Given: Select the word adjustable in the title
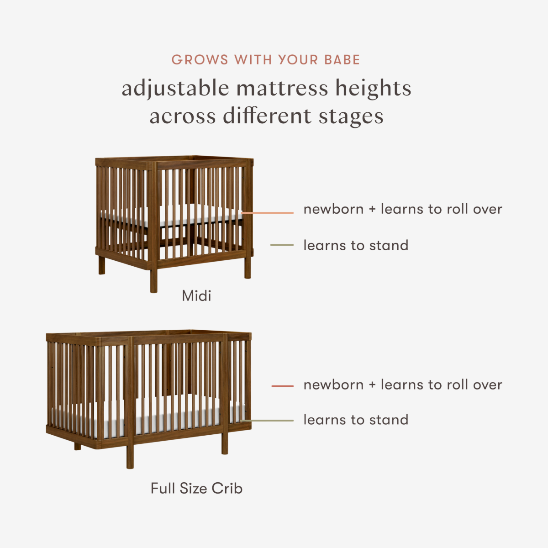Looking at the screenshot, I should (175, 89).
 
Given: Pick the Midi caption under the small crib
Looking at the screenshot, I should (196, 296).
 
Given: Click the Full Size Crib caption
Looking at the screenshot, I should (196, 489).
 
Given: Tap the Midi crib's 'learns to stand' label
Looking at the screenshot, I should (356, 245).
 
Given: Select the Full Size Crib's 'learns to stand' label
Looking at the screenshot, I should (356, 420).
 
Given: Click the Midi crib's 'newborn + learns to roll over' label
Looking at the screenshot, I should (403, 209).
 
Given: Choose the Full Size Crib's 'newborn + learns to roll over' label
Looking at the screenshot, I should (403, 385).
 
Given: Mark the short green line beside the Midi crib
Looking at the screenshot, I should (282, 245).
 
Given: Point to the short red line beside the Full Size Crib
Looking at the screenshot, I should (282, 386).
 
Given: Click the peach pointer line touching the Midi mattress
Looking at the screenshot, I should (268, 213).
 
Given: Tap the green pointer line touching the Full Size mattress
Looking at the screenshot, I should (268, 420).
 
